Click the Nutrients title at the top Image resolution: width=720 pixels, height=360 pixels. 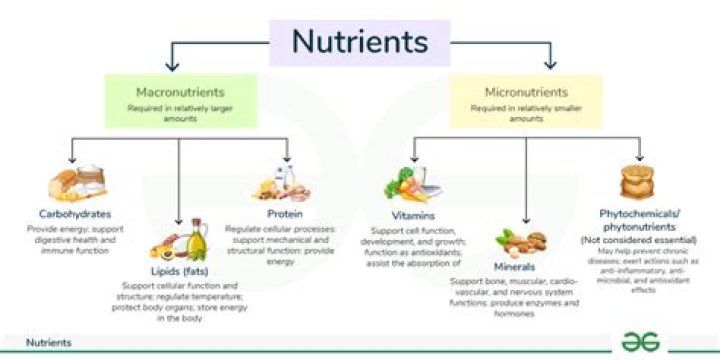pos(360,42)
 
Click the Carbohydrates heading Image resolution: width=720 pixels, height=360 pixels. pos(76,214)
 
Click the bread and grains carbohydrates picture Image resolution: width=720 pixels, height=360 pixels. pos(74,185)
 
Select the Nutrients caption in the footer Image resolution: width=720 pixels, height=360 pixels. pos(48,342)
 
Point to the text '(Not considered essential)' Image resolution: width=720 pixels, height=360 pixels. pos(638,241)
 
